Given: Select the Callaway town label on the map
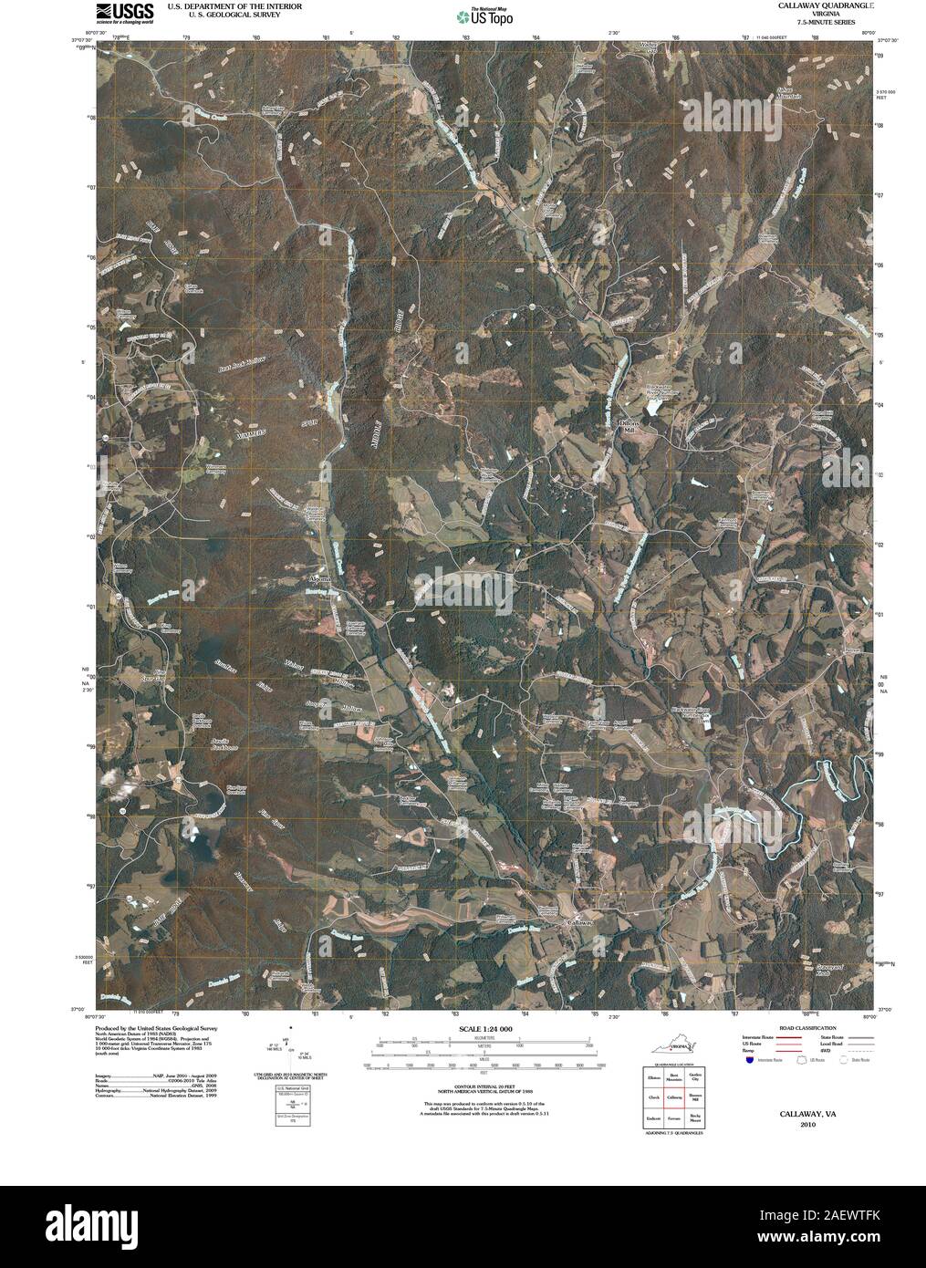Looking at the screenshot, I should (580, 923).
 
